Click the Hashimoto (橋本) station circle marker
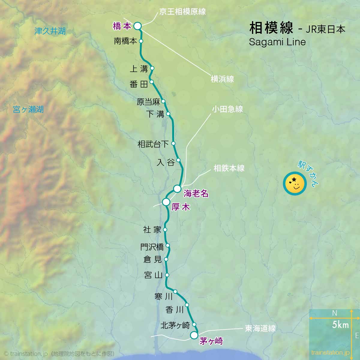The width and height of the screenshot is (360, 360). (137, 26)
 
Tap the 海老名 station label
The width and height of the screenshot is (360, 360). (196, 193)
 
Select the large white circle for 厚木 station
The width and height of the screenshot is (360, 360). (166, 202)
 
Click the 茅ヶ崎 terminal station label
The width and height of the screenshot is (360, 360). (211, 341)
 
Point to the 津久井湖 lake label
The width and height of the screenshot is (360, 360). (50, 31)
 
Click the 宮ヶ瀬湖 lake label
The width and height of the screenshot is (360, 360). (28, 109)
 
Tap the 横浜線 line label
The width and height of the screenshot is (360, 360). (222, 79)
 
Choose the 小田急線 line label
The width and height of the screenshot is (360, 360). (227, 109)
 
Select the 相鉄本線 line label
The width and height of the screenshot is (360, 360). (229, 168)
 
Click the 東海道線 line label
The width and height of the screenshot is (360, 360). (260, 328)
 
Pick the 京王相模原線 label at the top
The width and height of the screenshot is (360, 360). (182, 12)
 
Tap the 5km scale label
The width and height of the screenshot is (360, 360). (340, 324)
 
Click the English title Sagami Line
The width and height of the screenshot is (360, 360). (277, 42)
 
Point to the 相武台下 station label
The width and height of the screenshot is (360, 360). (153, 144)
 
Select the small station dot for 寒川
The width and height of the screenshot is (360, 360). (175, 292)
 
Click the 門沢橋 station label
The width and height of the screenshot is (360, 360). (152, 247)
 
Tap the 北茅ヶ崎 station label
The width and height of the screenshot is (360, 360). (175, 325)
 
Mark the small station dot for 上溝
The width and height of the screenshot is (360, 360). (152, 68)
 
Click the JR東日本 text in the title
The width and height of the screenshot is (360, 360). (325, 29)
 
